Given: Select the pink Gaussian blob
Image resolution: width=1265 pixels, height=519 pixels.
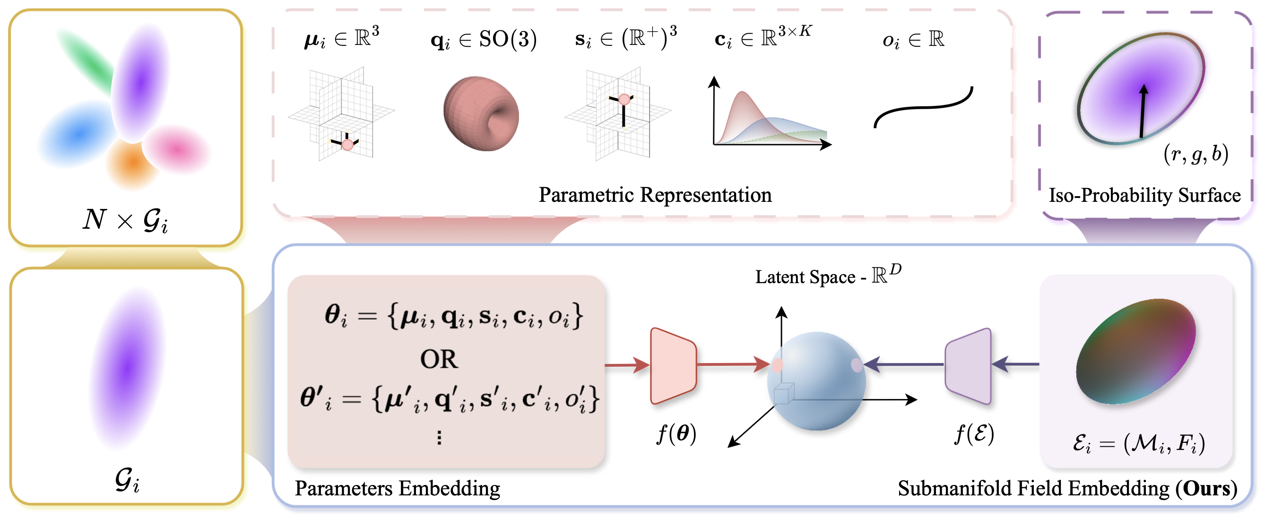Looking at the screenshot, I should click(x=177, y=150).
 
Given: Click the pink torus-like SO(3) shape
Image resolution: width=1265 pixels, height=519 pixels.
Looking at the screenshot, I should click(x=481, y=113).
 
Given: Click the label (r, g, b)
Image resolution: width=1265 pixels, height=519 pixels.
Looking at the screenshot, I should click(x=1196, y=154).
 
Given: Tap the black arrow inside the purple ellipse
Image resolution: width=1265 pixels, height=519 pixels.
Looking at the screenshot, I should click(x=1143, y=111).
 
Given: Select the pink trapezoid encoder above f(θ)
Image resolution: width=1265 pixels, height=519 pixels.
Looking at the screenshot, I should click(x=673, y=366).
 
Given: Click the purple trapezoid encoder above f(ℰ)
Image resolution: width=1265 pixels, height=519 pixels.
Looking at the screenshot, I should click(x=969, y=366).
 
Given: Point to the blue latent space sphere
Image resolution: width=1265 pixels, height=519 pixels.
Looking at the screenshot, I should click(x=816, y=381).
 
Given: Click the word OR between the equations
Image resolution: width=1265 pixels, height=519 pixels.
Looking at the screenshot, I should click(x=439, y=359).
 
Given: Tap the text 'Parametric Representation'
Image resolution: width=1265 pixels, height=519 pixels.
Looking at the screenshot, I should click(x=655, y=195).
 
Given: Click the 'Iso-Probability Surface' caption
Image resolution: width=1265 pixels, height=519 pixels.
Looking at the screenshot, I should click(x=1144, y=195).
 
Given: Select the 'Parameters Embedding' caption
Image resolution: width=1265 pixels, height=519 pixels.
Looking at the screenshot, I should click(x=397, y=489).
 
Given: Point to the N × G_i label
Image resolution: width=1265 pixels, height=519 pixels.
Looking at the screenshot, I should click(x=126, y=219).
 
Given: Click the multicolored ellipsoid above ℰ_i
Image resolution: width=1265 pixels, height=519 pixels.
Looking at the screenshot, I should click(x=1135, y=352).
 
